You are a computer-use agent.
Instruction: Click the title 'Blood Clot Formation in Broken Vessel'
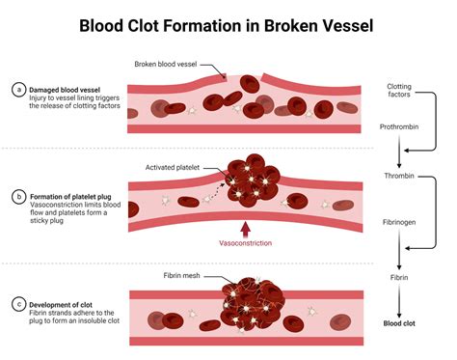(228, 22)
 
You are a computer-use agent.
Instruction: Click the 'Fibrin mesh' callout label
(180, 276)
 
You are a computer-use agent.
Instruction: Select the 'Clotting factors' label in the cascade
(406, 91)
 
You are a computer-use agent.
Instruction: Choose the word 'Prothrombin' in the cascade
(406, 129)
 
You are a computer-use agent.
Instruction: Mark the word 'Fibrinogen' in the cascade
(406, 223)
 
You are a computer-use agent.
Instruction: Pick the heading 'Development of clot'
(70, 300)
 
